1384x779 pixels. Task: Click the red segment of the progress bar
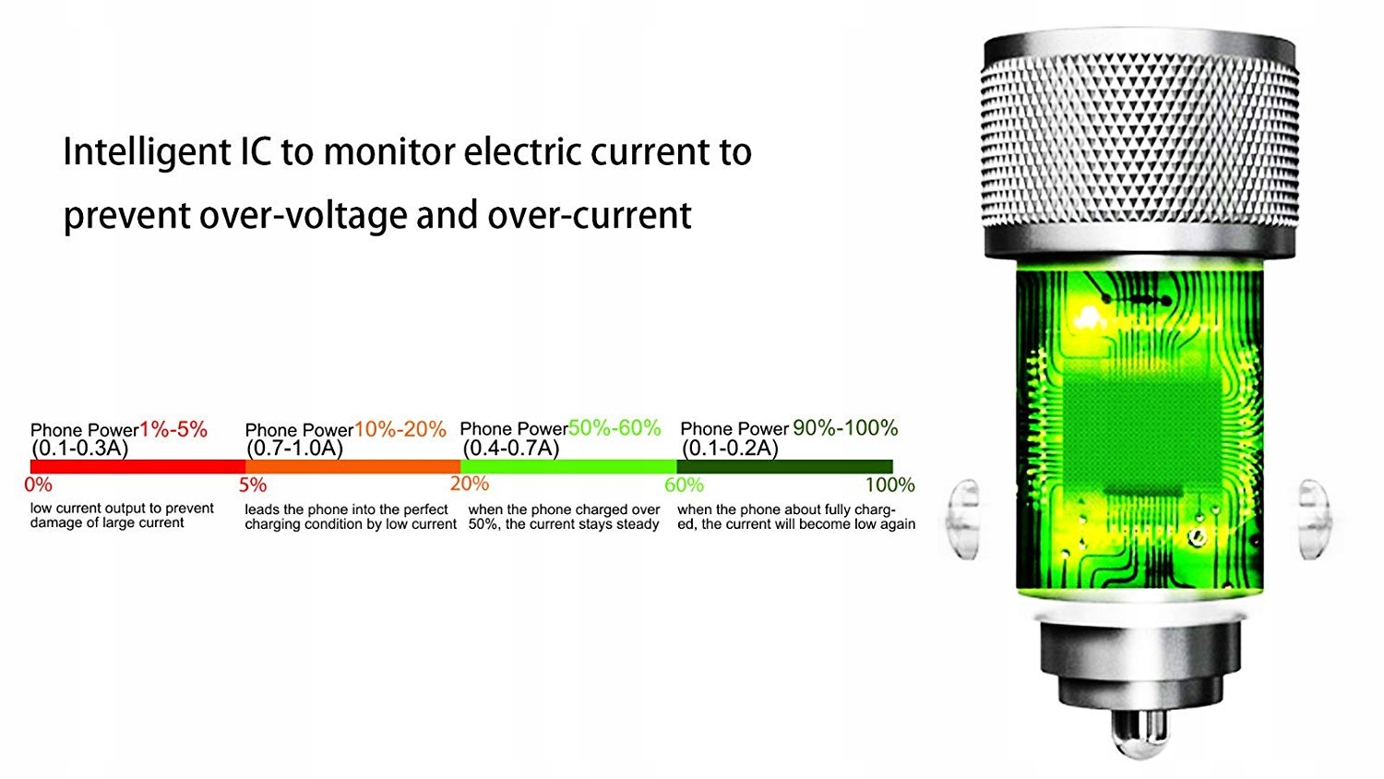point(137,467)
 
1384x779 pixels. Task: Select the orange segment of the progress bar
point(352,467)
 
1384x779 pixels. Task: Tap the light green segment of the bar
point(568,467)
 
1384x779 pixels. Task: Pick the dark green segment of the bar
point(784,467)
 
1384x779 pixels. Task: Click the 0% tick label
point(39,485)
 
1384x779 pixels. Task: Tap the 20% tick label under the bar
point(470,484)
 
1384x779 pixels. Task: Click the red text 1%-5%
point(173,429)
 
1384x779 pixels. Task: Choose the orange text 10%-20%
point(400,429)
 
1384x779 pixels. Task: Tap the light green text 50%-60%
point(614,428)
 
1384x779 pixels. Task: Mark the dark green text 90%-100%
point(845,428)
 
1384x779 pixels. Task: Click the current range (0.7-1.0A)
point(294,448)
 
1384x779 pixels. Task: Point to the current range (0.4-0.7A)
point(511,448)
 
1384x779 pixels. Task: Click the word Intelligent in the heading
point(147,153)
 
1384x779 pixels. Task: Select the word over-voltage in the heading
point(304,215)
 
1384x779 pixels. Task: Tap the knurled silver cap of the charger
point(1139,142)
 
